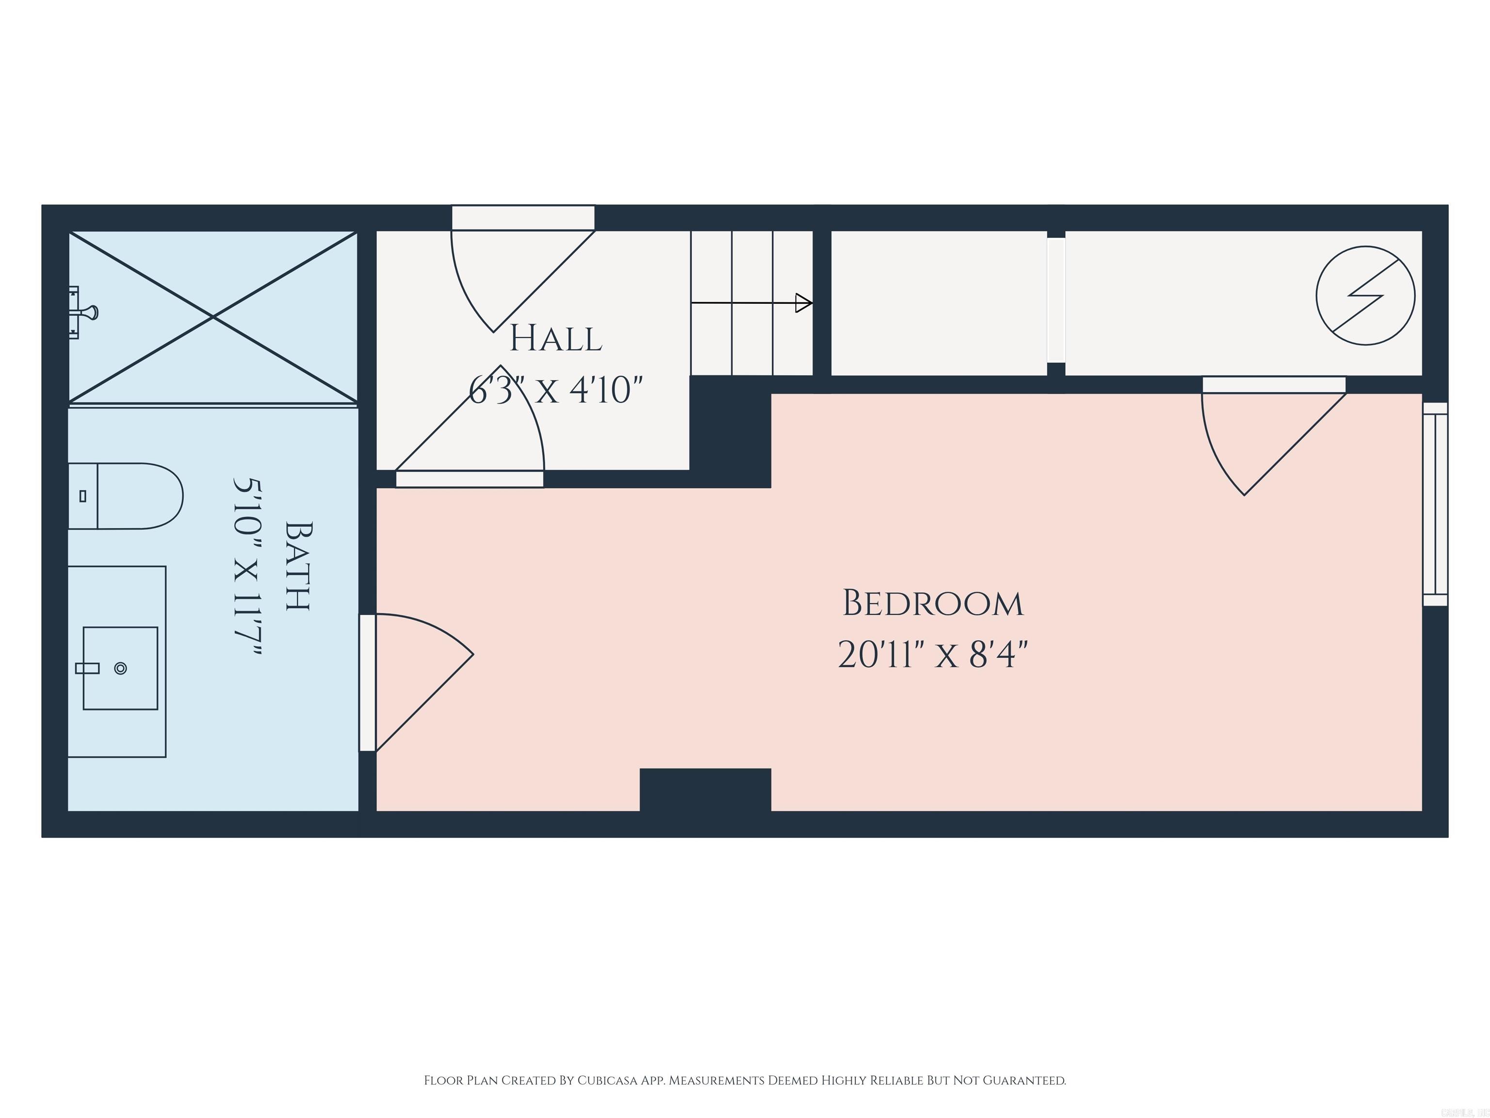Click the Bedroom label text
[932, 604]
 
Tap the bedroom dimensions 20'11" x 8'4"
[932, 655]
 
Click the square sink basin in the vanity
[120, 668]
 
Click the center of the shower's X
[213, 317]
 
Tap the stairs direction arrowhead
[803, 303]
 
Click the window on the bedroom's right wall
[1434, 504]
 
